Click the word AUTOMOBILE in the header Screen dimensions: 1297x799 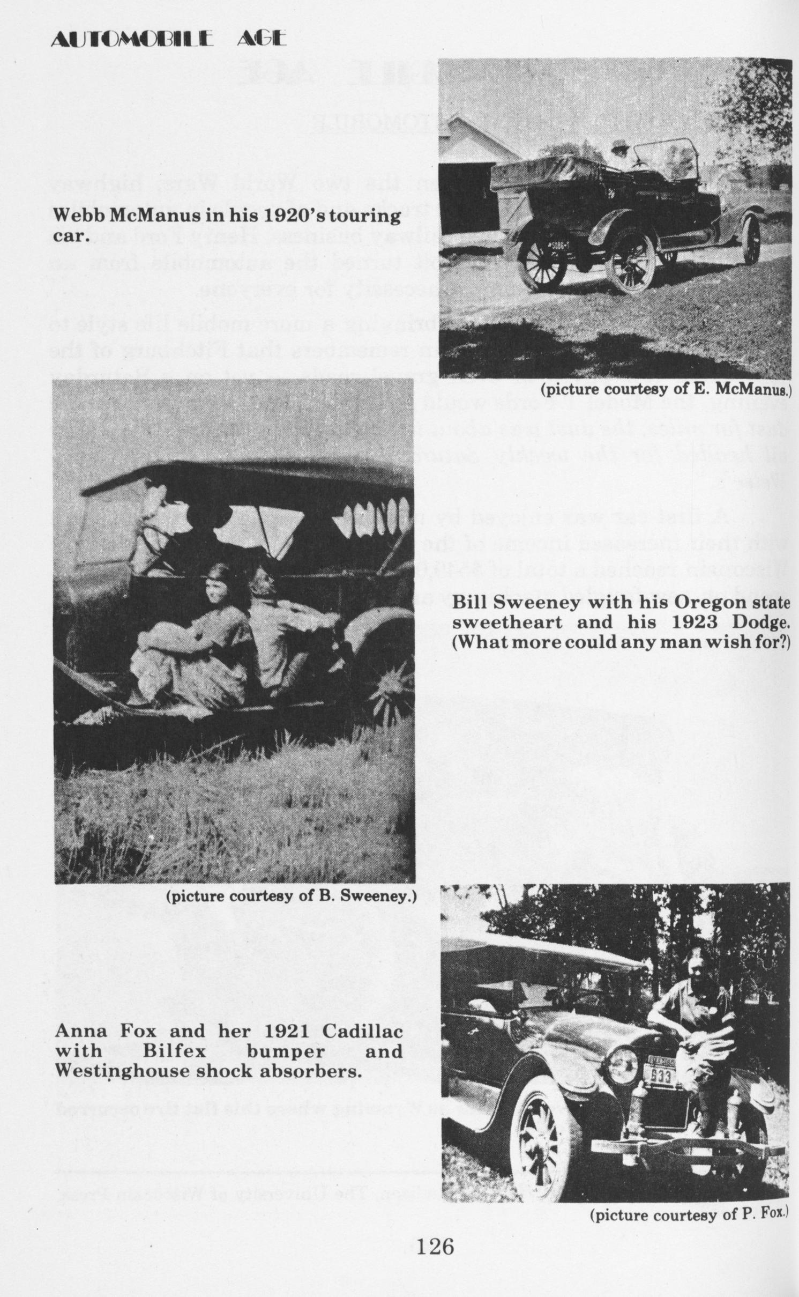(132, 39)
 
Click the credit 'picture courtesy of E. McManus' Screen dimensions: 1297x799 (665, 389)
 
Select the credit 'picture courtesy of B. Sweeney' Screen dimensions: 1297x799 (292, 896)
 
